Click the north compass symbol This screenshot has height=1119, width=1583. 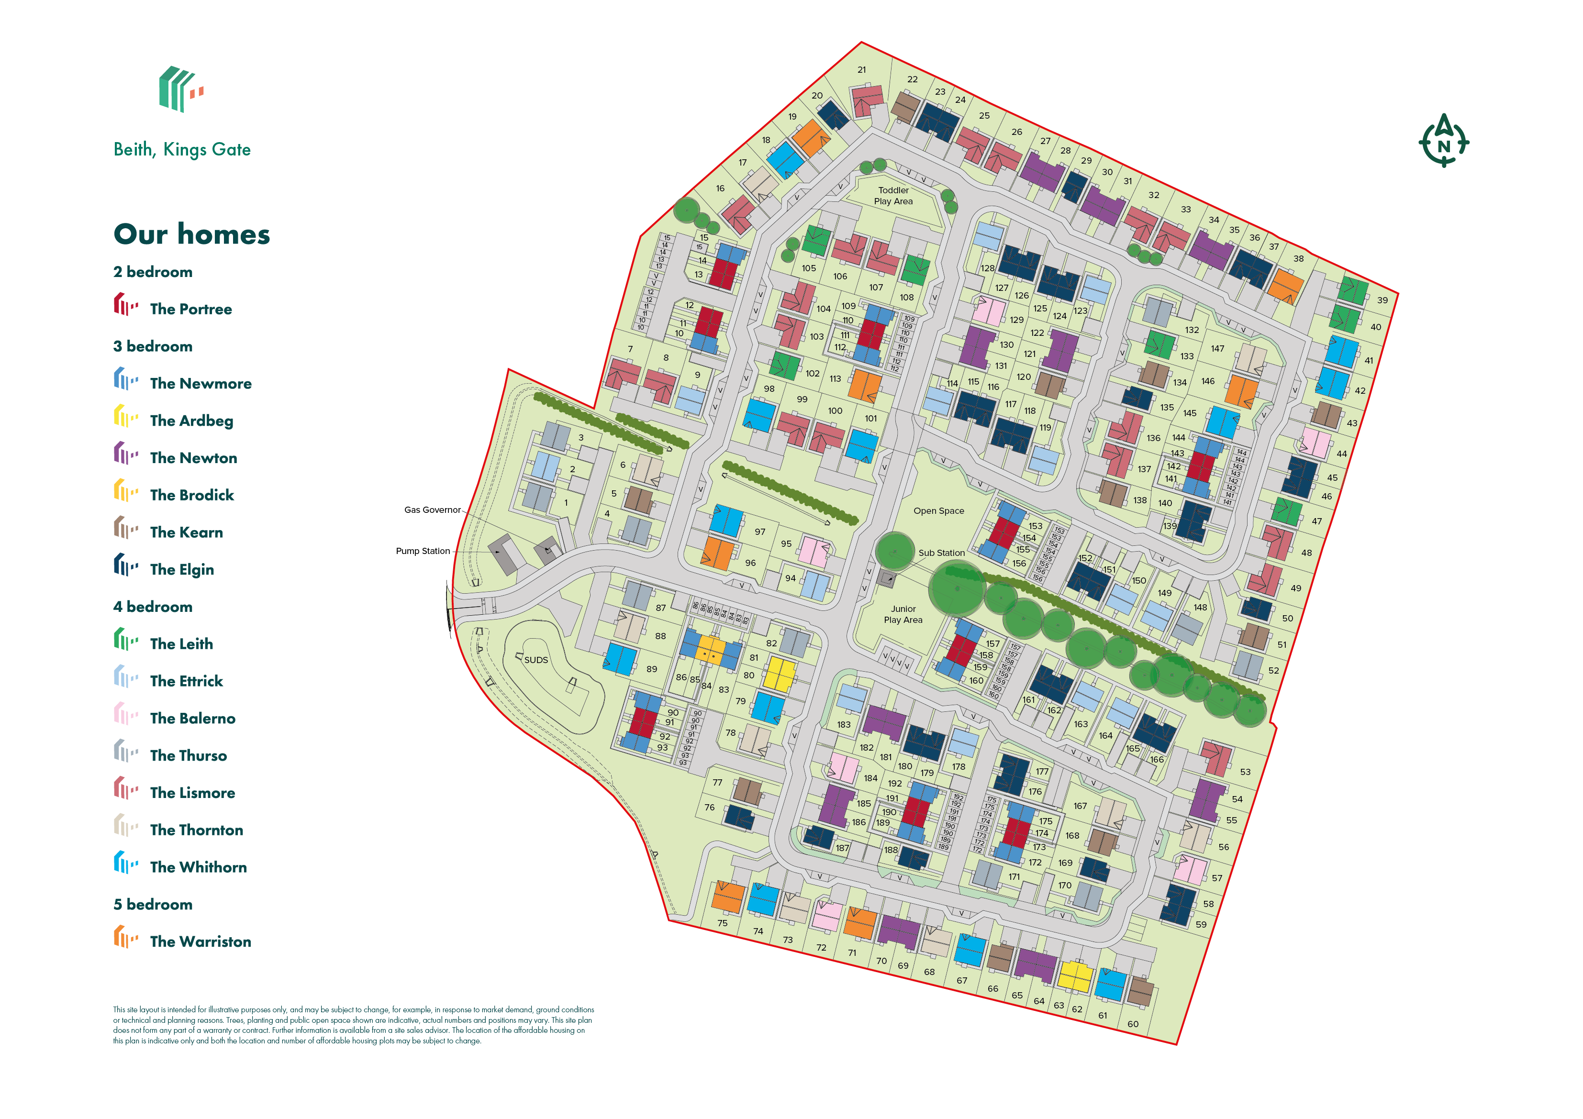[x=1443, y=141]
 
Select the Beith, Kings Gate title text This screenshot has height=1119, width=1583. [x=182, y=150]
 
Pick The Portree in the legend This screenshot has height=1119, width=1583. [x=190, y=309]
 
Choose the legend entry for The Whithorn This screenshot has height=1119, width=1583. [x=198, y=867]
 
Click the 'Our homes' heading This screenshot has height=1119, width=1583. [x=192, y=234]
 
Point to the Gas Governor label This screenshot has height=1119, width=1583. [x=432, y=510]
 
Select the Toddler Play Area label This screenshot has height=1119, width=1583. [x=893, y=196]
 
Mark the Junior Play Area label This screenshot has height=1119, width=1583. [x=903, y=614]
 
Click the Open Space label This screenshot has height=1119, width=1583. [x=938, y=511]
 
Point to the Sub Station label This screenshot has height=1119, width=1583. [x=941, y=553]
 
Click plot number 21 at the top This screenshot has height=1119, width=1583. [x=862, y=70]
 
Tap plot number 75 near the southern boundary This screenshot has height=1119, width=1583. [x=722, y=923]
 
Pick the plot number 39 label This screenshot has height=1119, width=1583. [x=1382, y=300]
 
